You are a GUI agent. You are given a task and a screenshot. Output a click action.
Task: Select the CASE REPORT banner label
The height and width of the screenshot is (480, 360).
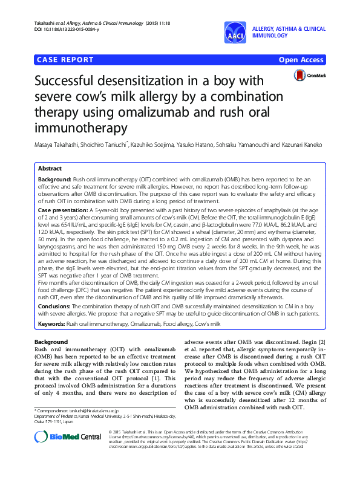(65, 60)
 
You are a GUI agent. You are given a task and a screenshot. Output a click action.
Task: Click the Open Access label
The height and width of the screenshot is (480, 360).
(301, 60)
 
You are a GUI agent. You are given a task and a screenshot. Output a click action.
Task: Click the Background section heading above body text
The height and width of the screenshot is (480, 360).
(51, 342)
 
